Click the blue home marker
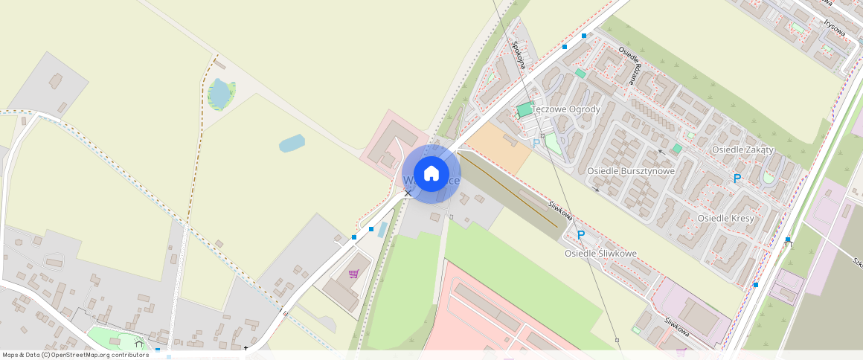pyautogui.click(x=431, y=173)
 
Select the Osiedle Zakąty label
pyautogui.click(x=742, y=150)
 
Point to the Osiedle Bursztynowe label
pyautogui.click(x=631, y=171)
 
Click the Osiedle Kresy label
pyautogui.click(x=725, y=218)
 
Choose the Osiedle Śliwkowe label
pyautogui.click(x=600, y=254)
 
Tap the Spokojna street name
pyautogui.click(x=519, y=54)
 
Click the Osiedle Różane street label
pyautogui.click(x=629, y=65)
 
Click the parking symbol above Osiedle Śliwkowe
pyautogui.click(x=581, y=235)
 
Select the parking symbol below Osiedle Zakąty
pyautogui.click(x=737, y=179)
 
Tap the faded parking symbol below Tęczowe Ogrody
pyautogui.click(x=536, y=144)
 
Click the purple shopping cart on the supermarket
pyautogui.click(x=353, y=274)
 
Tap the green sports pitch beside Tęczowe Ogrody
pyautogui.click(x=525, y=110)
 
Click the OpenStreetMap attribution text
pyautogui.click(x=76, y=355)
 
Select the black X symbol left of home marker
pyautogui.click(x=408, y=193)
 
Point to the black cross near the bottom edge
pyautogui.click(x=246, y=347)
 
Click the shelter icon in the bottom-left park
pyautogui.click(x=138, y=344)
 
